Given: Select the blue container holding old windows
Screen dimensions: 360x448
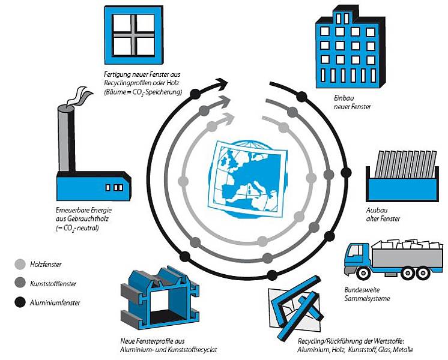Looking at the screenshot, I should tap(400, 190).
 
